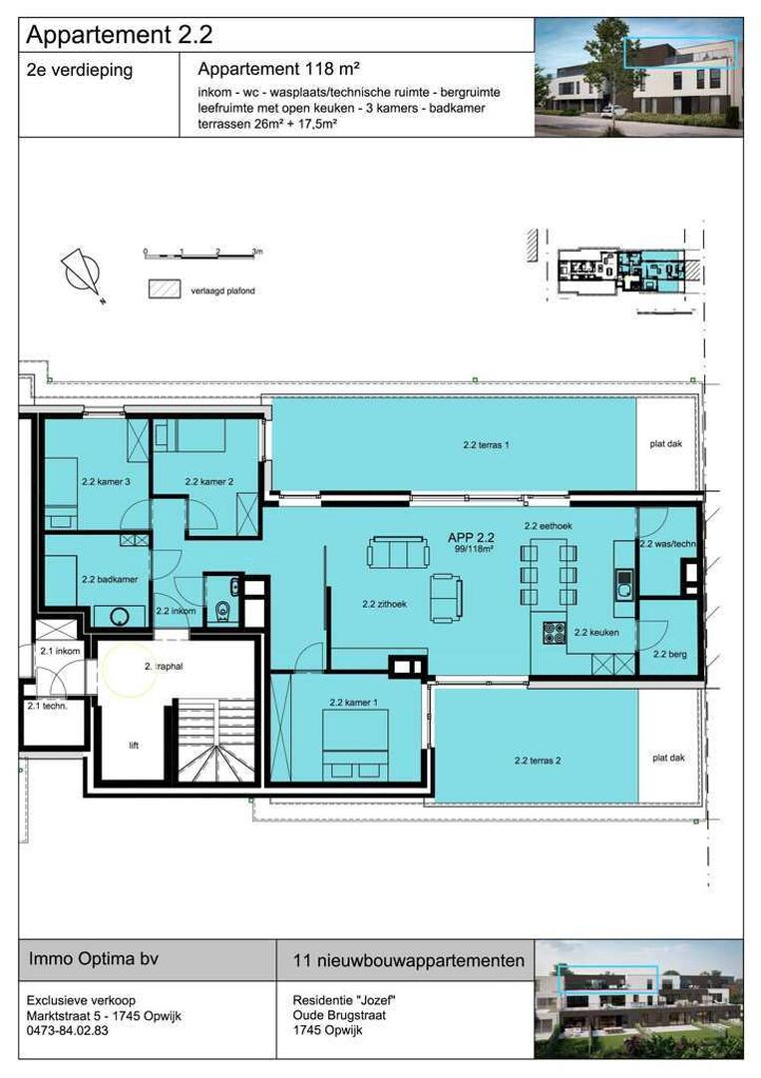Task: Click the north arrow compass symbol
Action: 83,274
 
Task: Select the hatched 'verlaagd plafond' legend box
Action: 165,288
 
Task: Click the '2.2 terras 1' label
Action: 486,445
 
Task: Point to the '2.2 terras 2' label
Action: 538,761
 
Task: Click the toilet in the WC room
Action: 223,611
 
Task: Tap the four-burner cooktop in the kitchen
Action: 554,632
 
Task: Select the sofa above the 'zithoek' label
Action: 398,552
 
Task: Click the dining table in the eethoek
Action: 549,572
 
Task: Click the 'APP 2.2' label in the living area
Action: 471,538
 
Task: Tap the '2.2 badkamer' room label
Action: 109,580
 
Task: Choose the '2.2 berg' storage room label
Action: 669,655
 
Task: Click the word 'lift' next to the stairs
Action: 134,746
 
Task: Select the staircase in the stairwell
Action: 215,740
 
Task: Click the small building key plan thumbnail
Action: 622,270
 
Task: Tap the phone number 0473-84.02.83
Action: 67,1030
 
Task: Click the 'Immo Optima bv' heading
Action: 94,958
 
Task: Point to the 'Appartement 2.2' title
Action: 120,34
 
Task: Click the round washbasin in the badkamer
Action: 121,616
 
